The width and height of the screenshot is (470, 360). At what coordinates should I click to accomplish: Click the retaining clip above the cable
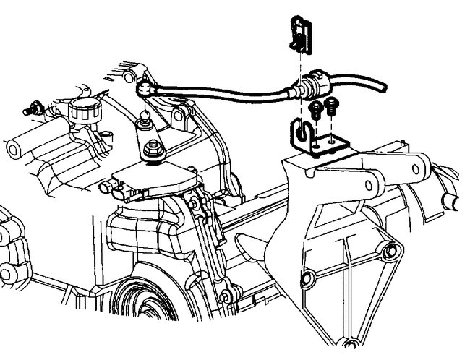tap(300, 37)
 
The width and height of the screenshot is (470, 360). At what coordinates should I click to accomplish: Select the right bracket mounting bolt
tap(331, 106)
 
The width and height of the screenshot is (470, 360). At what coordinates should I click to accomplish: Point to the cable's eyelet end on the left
tap(145, 89)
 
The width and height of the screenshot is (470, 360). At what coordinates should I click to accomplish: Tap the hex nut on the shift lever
tap(154, 151)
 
